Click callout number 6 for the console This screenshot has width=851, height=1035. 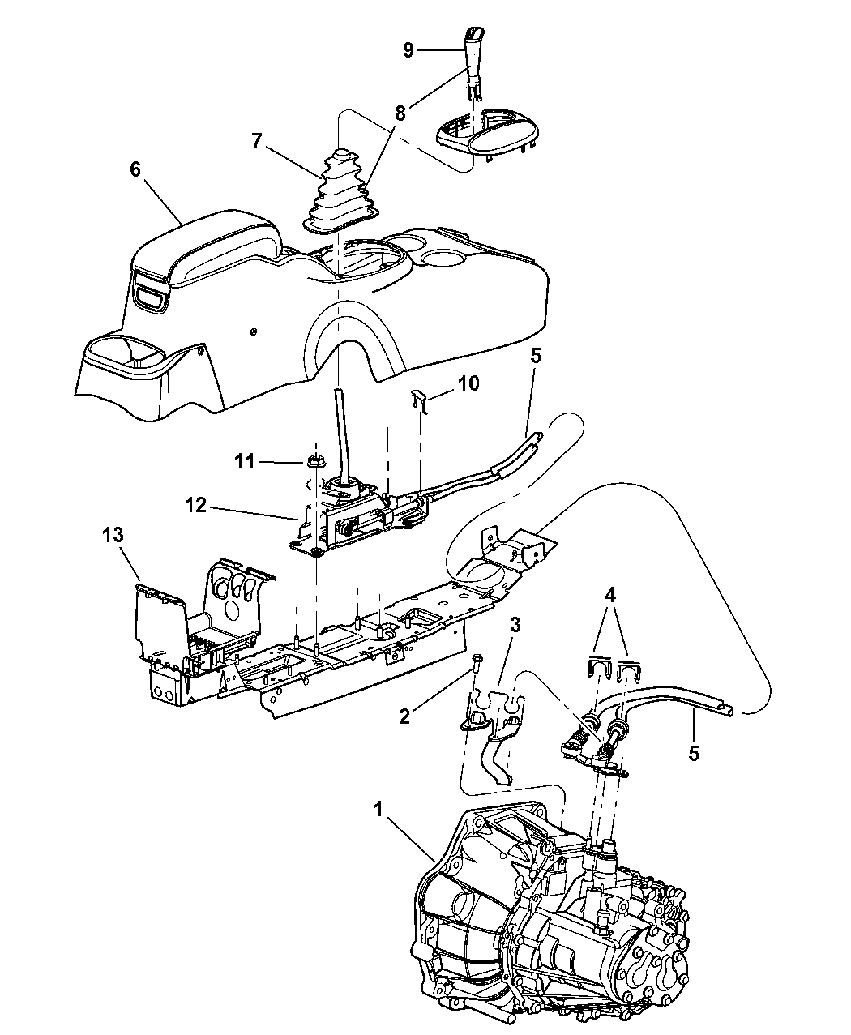(x=135, y=169)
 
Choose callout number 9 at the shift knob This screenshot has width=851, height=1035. (x=408, y=51)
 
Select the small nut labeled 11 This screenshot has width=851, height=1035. (x=314, y=461)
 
